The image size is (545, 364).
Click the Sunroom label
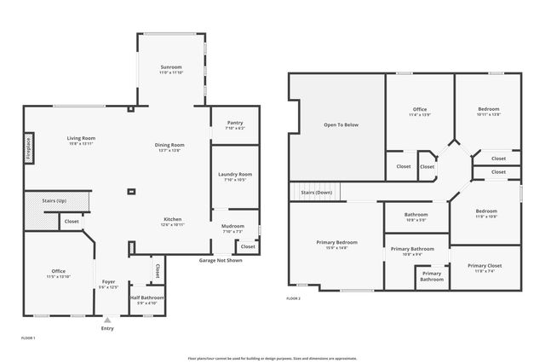click(x=171, y=66)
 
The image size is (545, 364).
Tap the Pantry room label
click(x=235, y=123)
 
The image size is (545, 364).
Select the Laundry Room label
click(x=234, y=174)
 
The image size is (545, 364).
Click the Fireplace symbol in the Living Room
click(x=28, y=147)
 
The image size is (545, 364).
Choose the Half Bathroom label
click(x=147, y=298)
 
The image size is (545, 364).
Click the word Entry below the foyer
click(x=107, y=328)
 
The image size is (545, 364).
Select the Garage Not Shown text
click(x=221, y=259)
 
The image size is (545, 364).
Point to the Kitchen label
click(x=173, y=219)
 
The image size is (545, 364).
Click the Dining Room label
click(x=169, y=145)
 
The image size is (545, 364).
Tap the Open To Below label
click(x=341, y=124)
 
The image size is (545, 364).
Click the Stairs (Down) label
click(x=316, y=194)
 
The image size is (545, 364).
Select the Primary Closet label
click(x=485, y=265)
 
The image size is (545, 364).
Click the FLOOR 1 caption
click(x=28, y=338)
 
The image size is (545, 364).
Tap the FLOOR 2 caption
click(x=293, y=298)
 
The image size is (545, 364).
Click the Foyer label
click(x=108, y=280)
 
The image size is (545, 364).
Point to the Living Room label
click(x=82, y=138)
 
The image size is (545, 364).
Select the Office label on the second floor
click(x=420, y=109)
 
